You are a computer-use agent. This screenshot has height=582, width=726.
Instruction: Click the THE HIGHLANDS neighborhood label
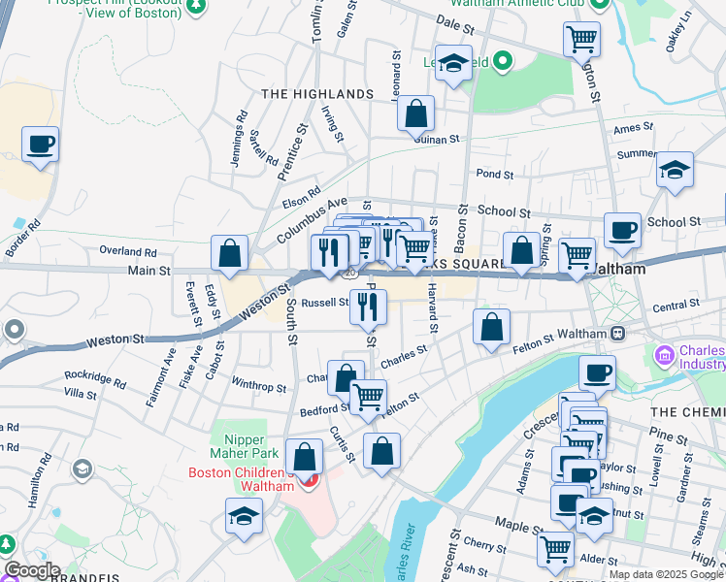point(317,94)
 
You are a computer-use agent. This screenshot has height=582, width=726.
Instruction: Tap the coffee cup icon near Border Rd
point(41,145)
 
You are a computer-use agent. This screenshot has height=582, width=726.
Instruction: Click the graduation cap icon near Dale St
point(453,64)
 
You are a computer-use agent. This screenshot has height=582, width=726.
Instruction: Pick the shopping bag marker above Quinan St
point(415,113)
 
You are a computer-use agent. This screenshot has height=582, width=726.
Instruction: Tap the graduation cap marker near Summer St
point(675,170)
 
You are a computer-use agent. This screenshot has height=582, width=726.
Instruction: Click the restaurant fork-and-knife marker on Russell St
point(369,307)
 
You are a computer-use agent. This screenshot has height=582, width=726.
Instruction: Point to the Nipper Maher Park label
point(238,446)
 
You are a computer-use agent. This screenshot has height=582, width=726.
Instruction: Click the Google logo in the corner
point(31,570)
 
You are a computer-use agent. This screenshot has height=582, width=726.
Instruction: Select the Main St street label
point(148,271)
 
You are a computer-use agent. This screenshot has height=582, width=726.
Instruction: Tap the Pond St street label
point(494,174)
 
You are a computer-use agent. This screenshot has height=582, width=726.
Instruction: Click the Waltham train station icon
point(617,333)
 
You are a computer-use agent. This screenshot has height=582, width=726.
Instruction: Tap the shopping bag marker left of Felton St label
point(492,327)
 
